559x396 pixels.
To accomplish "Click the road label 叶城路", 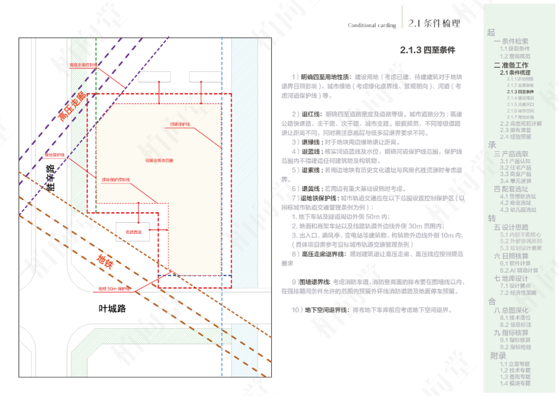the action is (112, 308).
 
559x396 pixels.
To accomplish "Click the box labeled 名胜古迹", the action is (133, 231).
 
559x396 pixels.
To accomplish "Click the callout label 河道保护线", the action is (180, 124).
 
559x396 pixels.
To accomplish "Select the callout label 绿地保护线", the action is (54, 155).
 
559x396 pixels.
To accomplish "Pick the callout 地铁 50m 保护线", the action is (114, 288).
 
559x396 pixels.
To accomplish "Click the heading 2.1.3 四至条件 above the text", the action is (427, 50).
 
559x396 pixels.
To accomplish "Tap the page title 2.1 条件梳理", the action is (434, 23).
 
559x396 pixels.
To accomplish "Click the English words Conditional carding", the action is (372, 25).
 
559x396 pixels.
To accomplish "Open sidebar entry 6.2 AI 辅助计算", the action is (519, 270).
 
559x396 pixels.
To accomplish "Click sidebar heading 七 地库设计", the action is (511, 278).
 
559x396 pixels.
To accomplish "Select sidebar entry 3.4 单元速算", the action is (516, 181).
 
